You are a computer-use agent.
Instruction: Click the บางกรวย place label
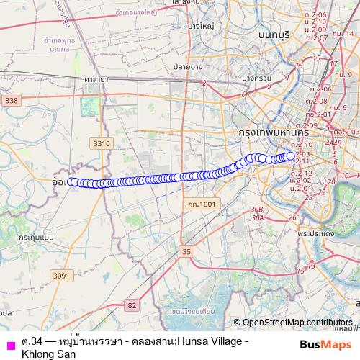(x=256, y=77)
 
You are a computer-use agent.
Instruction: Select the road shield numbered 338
(x=11, y=101)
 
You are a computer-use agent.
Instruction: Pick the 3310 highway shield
(x=102, y=144)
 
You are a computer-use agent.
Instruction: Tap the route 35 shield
(x=187, y=251)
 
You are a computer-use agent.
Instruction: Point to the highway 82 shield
(x=131, y=305)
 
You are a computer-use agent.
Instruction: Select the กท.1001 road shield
(x=201, y=205)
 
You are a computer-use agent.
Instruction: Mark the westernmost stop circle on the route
(x=72, y=182)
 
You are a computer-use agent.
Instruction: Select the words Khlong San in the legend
(x=49, y=354)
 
